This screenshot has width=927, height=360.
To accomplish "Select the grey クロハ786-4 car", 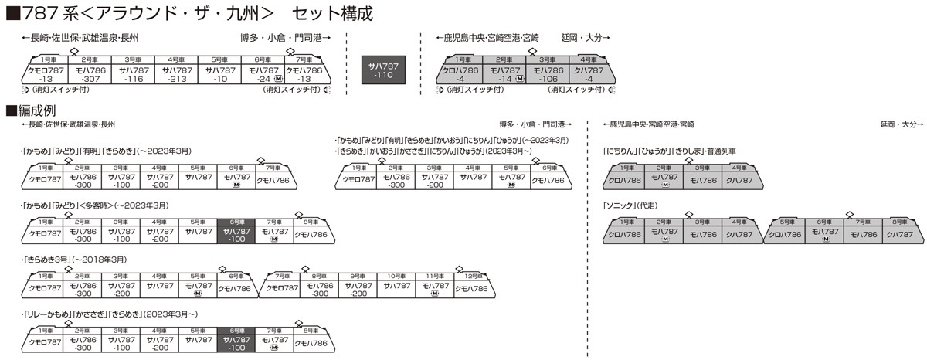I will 463,74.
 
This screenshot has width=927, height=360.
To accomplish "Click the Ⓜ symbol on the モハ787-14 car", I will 519,79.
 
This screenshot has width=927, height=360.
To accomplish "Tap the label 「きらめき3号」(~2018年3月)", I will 75,260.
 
